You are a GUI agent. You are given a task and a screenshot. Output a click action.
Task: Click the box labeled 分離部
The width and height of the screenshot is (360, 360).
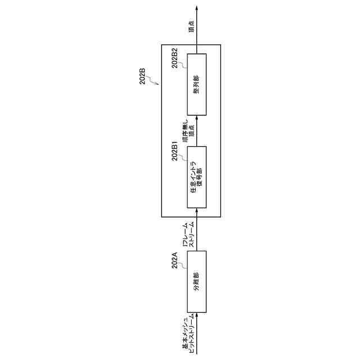[196, 281]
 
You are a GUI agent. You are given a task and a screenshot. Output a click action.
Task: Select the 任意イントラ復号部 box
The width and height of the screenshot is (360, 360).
[196, 177]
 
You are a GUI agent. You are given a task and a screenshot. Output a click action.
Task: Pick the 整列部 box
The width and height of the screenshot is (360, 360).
[196, 85]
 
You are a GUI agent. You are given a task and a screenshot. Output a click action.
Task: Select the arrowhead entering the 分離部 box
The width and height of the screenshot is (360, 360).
[196, 314]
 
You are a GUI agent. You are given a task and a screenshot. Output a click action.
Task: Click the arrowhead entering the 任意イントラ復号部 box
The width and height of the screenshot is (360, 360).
[196, 210]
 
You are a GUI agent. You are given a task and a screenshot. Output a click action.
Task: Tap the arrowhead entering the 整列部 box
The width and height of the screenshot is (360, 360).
[196, 119]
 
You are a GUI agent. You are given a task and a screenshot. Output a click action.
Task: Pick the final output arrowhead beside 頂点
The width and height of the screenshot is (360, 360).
[196, 8]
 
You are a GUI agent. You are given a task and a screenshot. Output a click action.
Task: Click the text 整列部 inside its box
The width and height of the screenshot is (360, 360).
[196, 85]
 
